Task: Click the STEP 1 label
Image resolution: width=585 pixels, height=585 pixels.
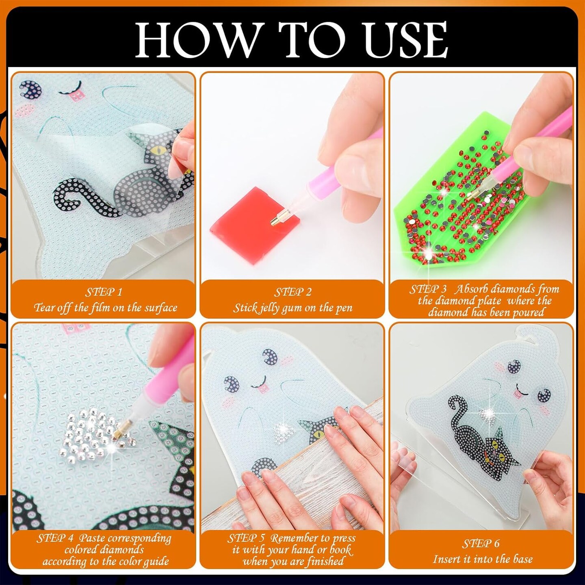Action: pyautogui.click(x=104, y=292)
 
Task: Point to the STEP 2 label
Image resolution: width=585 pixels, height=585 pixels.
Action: pyautogui.click(x=293, y=292)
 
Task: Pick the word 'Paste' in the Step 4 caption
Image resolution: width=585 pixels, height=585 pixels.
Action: pyautogui.click(x=92, y=538)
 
